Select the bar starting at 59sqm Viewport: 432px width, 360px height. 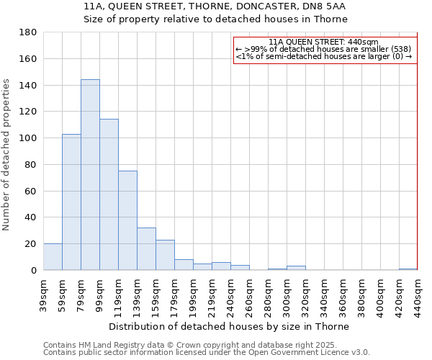tap(71, 202)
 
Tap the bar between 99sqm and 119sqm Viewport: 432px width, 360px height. tap(109, 194)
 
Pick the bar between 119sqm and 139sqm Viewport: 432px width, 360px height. tap(127, 220)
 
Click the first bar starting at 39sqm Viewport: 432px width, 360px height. tap(53, 257)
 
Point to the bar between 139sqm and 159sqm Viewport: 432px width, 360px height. tap(146, 249)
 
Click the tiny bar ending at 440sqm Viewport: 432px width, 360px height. tap(408, 269)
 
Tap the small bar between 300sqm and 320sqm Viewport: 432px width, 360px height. tap(296, 268)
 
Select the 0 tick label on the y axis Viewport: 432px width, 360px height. tap(33, 270)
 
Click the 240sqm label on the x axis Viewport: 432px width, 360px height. tap(230, 294)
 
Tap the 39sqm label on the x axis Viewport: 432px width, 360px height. tap(43, 293)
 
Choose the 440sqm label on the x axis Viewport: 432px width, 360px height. tap(418, 294)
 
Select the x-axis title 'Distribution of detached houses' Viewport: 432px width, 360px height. tap(230, 326)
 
